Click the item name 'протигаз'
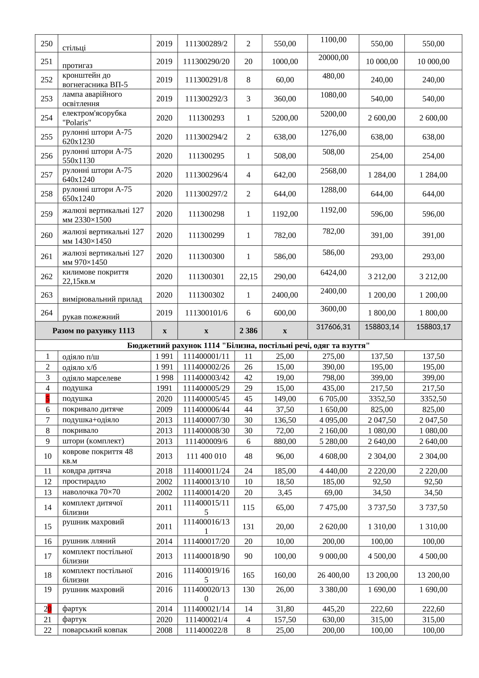(77, 65)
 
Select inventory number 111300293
(206, 118)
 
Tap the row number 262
(47, 277)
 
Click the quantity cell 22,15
(248, 277)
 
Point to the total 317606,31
(333, 327)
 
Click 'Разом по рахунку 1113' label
(93, 330)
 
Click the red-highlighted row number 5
(47, 399)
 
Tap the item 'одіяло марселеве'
(92, 378)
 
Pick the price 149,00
(285, 399)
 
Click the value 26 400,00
(333, 575)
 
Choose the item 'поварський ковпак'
(95, 630)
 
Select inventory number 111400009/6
(206, 441)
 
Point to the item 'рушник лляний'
(89, 541)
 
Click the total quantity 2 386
(248, 330)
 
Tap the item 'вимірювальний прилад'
(102, 299)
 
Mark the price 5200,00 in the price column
(285, 118)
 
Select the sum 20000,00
(333, 57)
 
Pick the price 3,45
(285, 492)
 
